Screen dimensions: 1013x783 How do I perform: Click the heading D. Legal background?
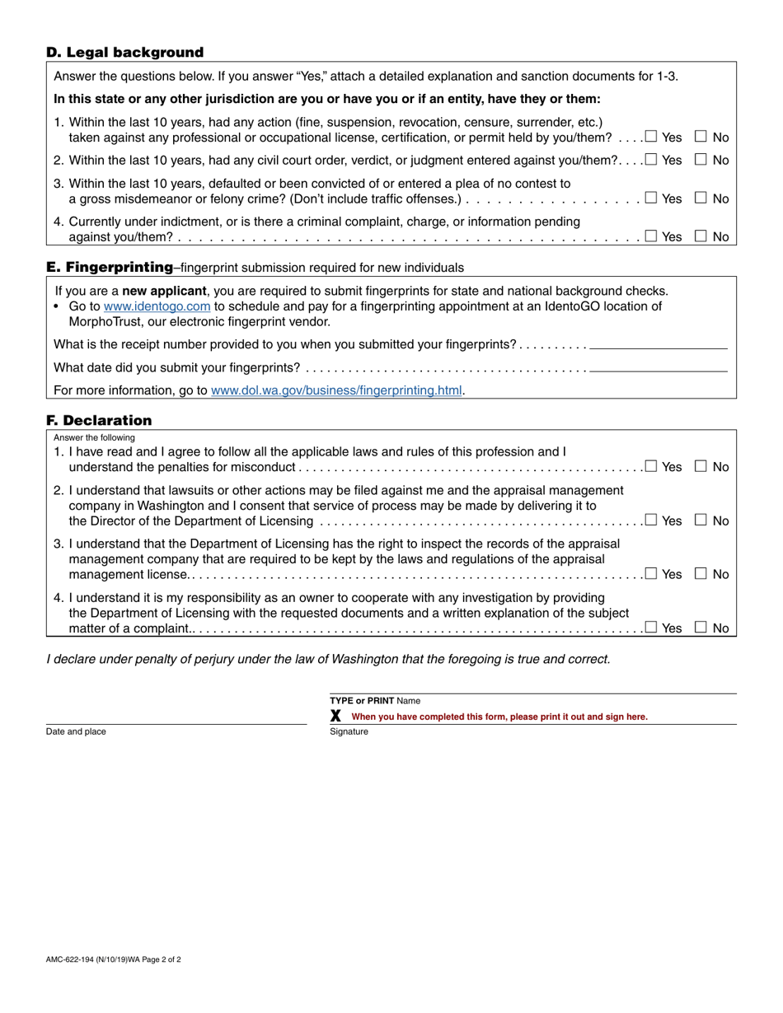pyautogui.click(x=124, y=53)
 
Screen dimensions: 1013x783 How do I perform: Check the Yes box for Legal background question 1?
pyautogui.click(x=651, y=137)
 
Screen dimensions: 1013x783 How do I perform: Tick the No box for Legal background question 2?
pyautogui.click(x=701, y=160)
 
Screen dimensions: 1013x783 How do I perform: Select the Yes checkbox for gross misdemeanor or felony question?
pyautogui.click(x=651, y=198)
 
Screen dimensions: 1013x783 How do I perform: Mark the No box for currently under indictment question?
pyautogui.click(x=701, y=236)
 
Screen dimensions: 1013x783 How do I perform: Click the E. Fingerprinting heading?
pyautogui.click(x=110, y=267)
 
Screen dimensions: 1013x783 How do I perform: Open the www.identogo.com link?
pyautogui.click(x=157, y=306)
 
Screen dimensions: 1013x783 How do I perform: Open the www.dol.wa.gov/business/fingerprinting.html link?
pyautogui.click(x=336, y=390)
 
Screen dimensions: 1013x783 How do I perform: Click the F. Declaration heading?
pyautogui.click(x=99, y=421)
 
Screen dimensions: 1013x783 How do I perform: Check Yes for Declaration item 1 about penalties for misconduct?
pyautogui.click(x=651, y=466)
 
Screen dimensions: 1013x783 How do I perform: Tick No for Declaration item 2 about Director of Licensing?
pyautogui.click(x=701, y=521)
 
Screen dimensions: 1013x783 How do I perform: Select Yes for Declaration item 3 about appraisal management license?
pyautogui.click(x=651, y=574)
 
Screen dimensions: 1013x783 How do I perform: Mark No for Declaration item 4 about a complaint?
pyautogui.click(x=701, y=628)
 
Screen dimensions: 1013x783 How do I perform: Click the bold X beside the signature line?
pyautogui.click(x=335, y=717)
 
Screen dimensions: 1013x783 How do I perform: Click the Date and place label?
pyautogui.click(x=76, y=731)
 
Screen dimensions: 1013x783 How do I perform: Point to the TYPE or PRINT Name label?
pyautogui.click(x=375, y=701)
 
